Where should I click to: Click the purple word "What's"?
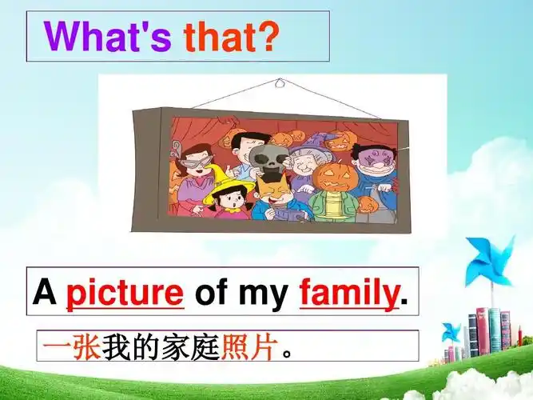107,37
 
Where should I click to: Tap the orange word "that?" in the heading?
232,37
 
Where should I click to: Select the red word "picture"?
125,294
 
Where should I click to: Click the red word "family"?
348,294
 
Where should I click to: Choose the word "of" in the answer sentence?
212,294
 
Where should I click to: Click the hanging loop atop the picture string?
278,82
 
